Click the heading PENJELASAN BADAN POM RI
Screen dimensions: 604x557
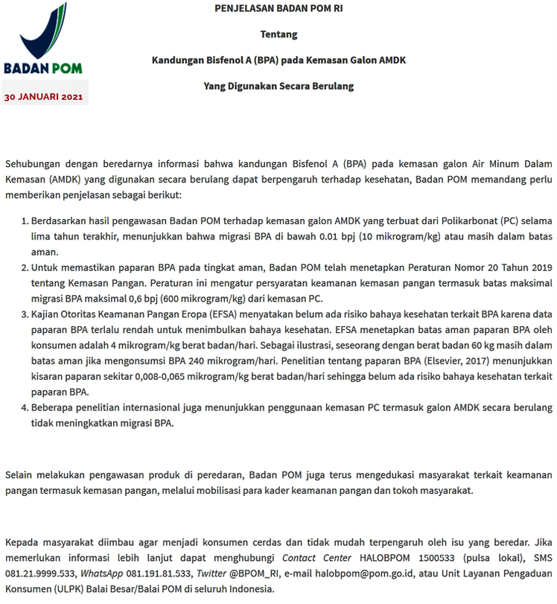278,9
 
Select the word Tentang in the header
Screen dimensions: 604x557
278,35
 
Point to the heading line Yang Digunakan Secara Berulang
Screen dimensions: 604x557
278,86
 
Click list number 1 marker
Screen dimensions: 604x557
23,221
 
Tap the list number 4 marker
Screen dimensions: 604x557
23,407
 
